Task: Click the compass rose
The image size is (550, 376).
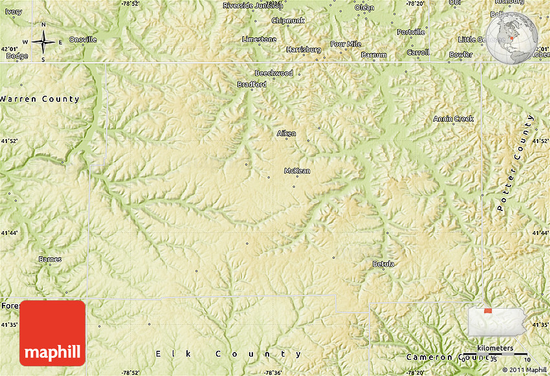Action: (x=43, y=42)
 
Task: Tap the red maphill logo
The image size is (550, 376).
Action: (x=52, y=334)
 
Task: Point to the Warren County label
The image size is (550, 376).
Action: (x=39, y=99)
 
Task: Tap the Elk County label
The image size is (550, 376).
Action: (x=229, y=354)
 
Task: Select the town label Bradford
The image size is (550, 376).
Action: (x=252, y=84)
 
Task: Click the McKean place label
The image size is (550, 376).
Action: (x=297, y=171)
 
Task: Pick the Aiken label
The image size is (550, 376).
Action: (x=286, y=133)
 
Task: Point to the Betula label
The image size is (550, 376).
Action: (x=383, y=263)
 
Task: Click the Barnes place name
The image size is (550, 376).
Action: (x=50, y=260)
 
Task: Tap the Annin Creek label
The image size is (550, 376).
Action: (x=454, y=118)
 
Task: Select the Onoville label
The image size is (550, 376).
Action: (x=83, y=39)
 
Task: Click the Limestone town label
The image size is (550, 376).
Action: (x=259, y=39)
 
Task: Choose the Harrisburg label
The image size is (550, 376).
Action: (x=303, y=49)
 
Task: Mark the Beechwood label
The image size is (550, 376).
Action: (x=274, y=73)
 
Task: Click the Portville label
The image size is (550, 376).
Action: (x=411, y=32)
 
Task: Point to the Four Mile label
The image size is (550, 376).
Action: (x=346, y=44)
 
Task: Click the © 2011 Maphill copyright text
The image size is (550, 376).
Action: (x=523, y=370)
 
